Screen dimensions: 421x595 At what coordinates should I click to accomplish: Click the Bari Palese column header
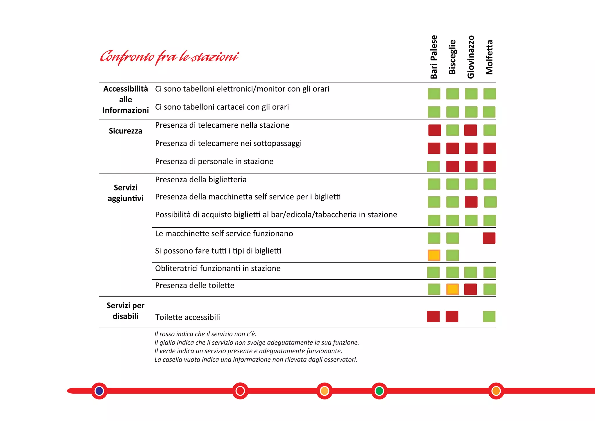click(x=434, y=57)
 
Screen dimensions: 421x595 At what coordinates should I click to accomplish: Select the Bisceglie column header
click(x=452, y=57)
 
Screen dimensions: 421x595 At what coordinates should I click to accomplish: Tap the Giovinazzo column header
click(x=471, y=57)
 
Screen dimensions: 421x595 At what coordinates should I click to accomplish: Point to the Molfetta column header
click(x=490, y=57)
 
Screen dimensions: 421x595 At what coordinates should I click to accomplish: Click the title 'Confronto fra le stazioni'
click(x=169, y=57)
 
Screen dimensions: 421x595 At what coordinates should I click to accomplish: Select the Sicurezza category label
click(x=126, y=131)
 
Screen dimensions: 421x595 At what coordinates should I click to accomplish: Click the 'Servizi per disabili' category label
click(x=126, y=311)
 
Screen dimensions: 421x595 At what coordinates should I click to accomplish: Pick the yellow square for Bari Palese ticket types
click(x=434, y=255)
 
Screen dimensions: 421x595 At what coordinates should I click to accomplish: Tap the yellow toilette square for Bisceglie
click(x=453, y=289)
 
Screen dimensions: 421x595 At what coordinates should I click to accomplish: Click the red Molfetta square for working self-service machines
click(x=489, y=238)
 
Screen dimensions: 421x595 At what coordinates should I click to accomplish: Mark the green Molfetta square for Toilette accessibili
click(x=489, y=317)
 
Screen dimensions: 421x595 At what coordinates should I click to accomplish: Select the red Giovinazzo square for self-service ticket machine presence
click(x=471, y=202)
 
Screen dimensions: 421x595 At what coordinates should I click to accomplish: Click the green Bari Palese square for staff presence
click(x=433, y=167)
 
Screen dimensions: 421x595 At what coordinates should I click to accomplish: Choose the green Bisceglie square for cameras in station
click(x=453, y=130)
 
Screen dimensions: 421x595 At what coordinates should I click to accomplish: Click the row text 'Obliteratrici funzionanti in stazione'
click(x=218, y=268)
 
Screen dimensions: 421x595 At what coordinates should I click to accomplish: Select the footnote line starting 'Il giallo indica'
click(x=257, y=343)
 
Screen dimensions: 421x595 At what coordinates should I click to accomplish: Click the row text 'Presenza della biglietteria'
click(x=201, y=180)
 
